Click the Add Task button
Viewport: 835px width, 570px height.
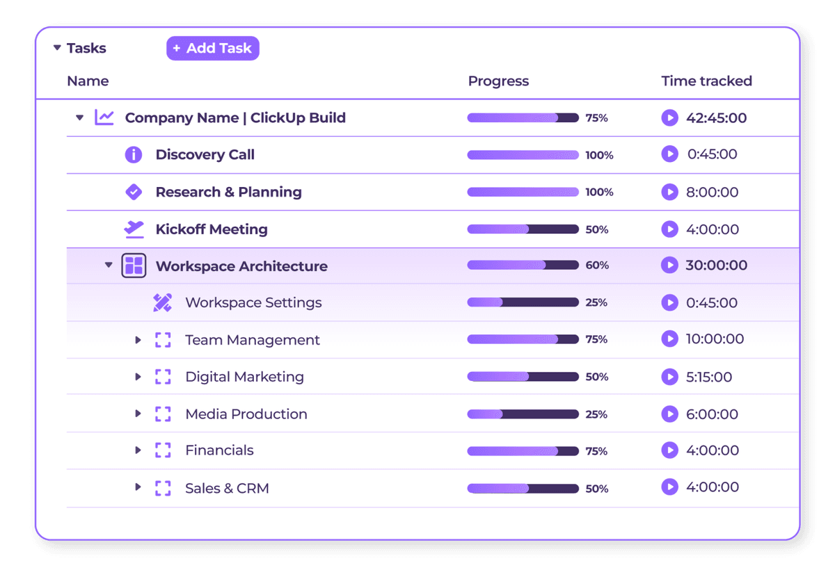click(212, 48)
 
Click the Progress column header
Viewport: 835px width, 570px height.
click(498, 81)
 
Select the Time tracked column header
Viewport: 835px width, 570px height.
click(706, 81)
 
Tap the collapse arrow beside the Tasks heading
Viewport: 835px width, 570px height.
click(57, 48)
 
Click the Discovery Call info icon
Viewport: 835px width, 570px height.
click(133, 154)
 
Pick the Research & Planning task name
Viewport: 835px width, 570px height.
click(228, 192)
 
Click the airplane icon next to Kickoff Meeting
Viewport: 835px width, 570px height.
click(134, 229)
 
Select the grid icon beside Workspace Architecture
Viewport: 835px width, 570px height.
click(134, 266)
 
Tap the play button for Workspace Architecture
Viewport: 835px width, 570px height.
click(669, 265)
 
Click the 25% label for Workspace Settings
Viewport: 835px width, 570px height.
click(596, 303)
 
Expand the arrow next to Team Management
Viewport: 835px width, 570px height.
click(138, 340)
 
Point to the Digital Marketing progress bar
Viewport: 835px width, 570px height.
click(523, 377)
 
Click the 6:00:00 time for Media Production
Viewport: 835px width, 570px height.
click(712, 414)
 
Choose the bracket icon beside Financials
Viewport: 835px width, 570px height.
click(163, 450)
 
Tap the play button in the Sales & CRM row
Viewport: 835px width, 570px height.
click(669, 487)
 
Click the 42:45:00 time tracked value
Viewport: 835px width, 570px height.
click(716, 118)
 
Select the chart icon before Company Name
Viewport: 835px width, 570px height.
click(104, 117)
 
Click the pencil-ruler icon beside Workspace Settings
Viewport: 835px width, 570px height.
click(162, 302)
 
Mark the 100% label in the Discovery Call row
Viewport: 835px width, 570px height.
click(599, 155)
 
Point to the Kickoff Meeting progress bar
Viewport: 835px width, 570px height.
click(523, 229)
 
